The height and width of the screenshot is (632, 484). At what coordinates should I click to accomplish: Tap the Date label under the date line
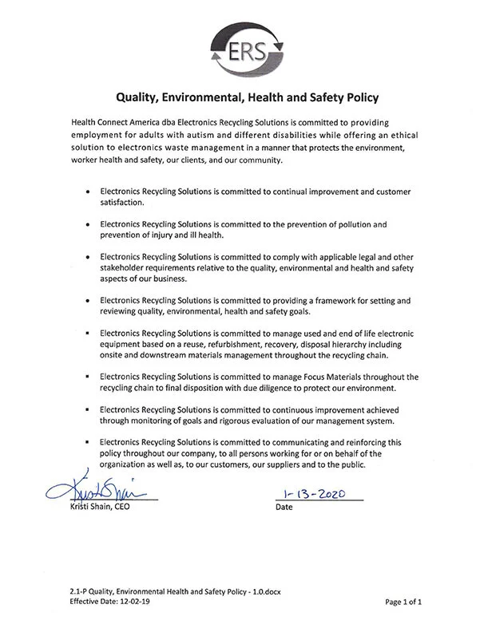pyautogui.click(x=284, y=507)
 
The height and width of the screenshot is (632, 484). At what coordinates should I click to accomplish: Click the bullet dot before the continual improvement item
pyautogui.click(x=86, y=193)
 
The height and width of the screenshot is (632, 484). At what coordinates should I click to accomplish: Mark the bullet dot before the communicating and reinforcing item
pyautogui.click(x=86, y=442)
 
